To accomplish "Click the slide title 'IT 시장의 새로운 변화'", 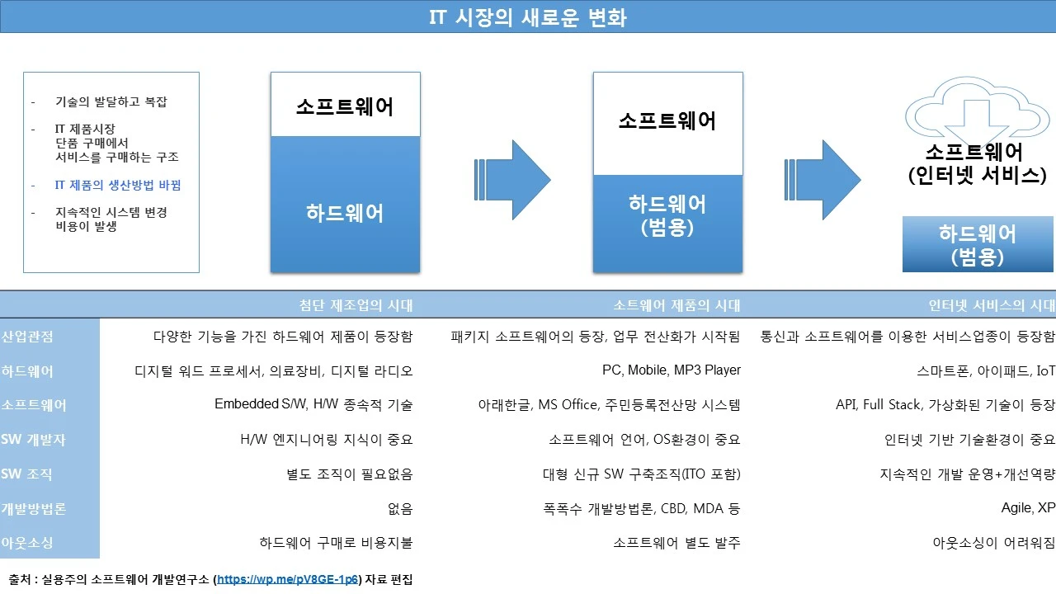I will click(x=528, y=17).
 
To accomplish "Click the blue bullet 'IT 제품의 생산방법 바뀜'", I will click(x=117, y=186).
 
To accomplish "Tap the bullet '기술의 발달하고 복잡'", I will click(x=111, y=102).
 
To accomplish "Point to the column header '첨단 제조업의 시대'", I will click(x=356, y=305).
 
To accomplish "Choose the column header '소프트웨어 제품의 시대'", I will click(x=676, y=305).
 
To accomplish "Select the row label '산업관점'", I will click(x=27, y=337).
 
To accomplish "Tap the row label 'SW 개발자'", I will click(x=33, y=440).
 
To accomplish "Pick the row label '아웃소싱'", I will click(x=27, y=543).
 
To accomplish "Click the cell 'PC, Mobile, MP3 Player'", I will click(x=672, y=370).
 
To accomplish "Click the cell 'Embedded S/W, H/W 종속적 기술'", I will click(x=313, y=405).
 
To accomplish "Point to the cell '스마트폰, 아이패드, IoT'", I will click(x=986, y=371).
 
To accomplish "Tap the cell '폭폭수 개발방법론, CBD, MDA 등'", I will click(x=642, y=509).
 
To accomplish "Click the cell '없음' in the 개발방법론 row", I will click(x=399, y=509).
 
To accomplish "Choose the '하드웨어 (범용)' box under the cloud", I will click(x=978, y=245).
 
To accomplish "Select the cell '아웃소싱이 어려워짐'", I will click(x=993, y=543).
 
